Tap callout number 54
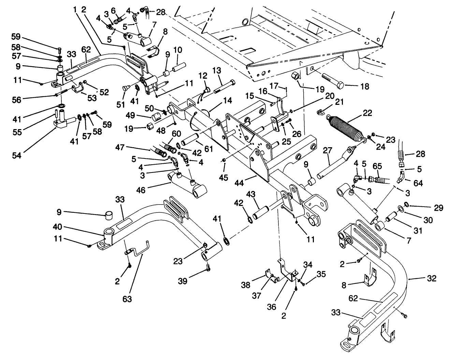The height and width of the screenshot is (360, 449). coord(16,156)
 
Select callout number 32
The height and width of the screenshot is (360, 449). coord(432,278)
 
